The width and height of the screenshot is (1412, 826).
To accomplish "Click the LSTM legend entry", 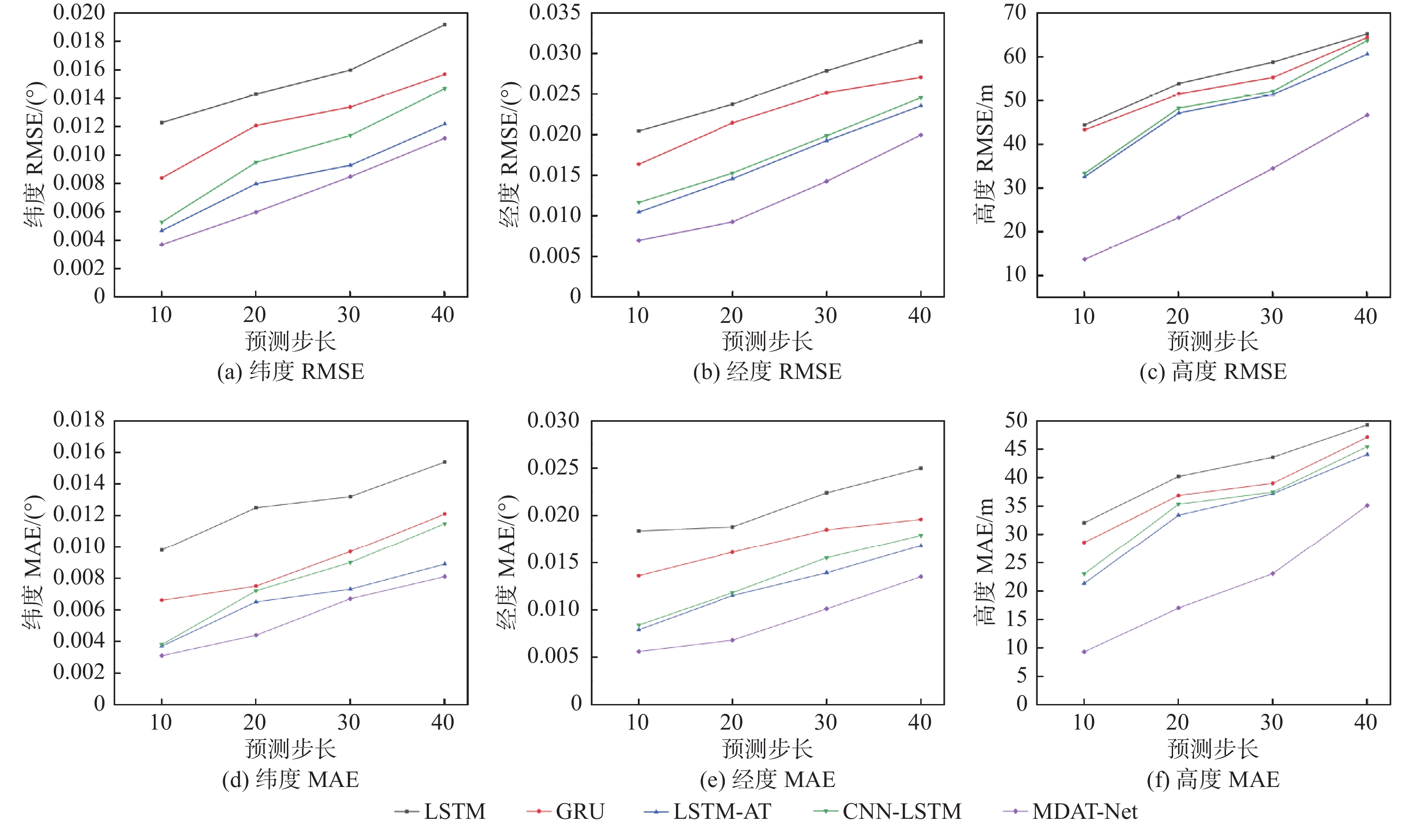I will coord(440,811).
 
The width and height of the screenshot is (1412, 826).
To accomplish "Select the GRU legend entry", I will coord(566,811).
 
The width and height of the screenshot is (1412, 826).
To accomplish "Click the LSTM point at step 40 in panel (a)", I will coord(444,25).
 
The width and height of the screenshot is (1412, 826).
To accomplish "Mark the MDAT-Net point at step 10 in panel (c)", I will coord(1084,259).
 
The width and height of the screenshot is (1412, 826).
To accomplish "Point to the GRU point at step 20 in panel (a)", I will coord(256,126).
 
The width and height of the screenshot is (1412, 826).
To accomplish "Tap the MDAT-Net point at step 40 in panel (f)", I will coord(1367,505).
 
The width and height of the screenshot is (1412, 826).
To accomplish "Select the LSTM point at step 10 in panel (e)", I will coord(638,530).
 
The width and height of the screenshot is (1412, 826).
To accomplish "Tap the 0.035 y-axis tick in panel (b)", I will coord(555,12).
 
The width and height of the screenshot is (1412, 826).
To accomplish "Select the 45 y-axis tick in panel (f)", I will coord(1015,448).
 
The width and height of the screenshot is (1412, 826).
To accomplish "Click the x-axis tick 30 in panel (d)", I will coord(349,722).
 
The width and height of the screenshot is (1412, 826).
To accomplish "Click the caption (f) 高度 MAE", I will coord(1213,779).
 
